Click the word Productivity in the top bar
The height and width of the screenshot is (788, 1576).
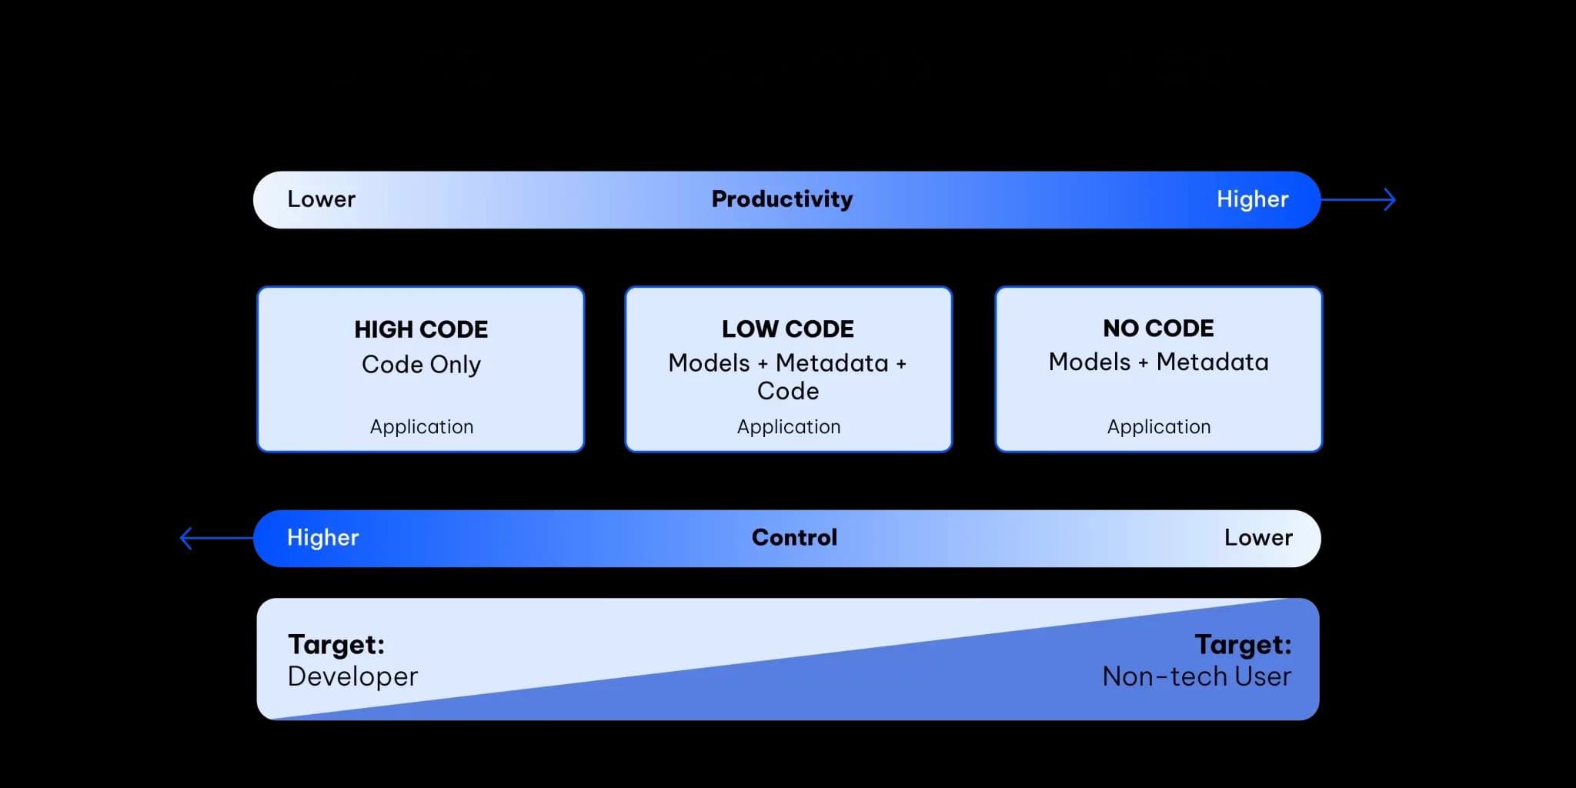click(x=782, y=199)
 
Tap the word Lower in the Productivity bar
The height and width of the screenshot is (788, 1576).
click(x=322, y=199)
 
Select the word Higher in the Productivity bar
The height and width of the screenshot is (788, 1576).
click(x=1252, y=199)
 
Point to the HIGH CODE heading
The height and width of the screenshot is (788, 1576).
click(x=421, y=329)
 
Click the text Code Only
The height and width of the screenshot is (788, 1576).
click(x=421, y=364)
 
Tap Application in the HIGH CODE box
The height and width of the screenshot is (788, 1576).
click(x=422, y=427)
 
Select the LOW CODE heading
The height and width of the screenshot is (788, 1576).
click(x=788, y=329)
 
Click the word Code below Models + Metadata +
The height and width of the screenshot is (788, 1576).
click(x=788, y=391)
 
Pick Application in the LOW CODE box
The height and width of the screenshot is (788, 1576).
click(x=789, y=427)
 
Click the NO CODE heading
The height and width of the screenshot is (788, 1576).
click(x=1158, y=329)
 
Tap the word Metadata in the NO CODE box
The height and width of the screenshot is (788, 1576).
click(x=1213, y=362)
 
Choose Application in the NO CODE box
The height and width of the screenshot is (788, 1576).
click(x=1159, y=427)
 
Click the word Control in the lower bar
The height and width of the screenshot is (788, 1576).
click(x=794, y=537)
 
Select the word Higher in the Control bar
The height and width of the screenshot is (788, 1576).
click(x=323, y=537)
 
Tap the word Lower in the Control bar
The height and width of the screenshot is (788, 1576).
click(x=1258, y=537)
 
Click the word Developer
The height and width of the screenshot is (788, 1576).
click(x=352, y=676)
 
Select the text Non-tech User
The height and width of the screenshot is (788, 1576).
click(x=1197, y=676)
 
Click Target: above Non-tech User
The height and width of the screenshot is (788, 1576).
click(x=1243, y=645)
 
